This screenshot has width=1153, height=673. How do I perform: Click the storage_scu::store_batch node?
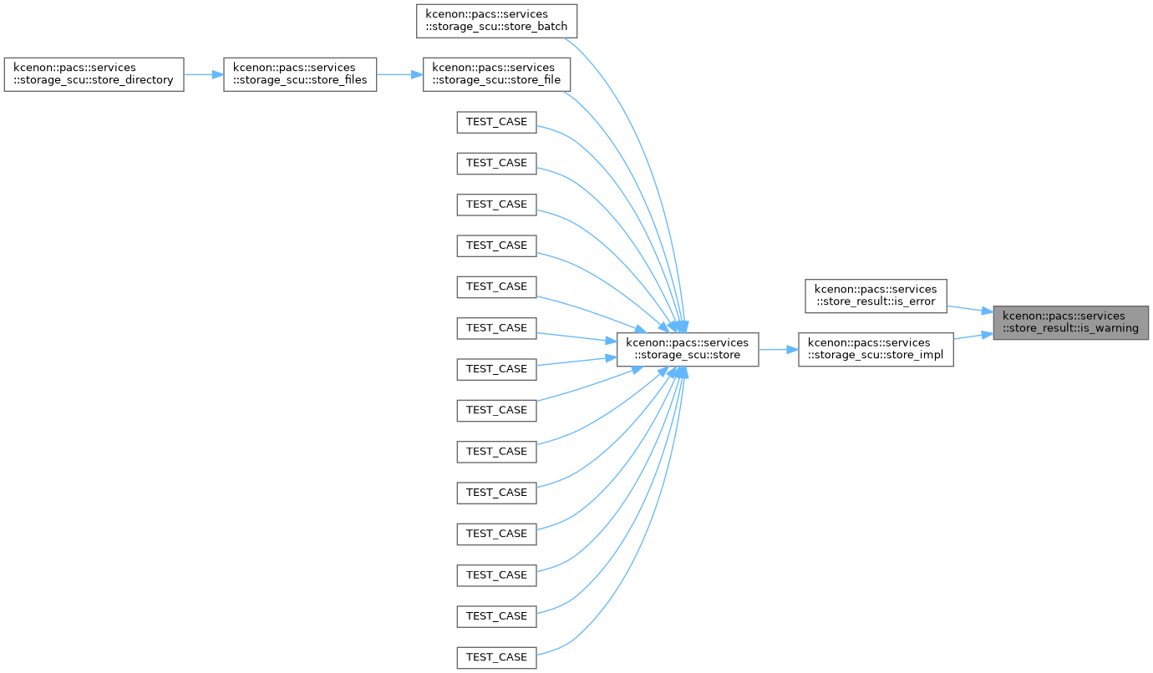coord(496,21)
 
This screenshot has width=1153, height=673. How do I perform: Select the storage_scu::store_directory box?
coord(94,74)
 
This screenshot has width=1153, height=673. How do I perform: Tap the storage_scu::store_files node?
coord(300,74)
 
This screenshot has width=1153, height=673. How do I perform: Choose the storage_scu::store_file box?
coord(496,74)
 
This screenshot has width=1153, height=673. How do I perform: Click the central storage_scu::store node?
coord(687,349)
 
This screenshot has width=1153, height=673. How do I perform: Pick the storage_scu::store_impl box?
coord(876,349)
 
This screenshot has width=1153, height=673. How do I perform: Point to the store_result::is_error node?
coord(876,296)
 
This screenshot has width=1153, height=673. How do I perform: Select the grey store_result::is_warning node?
coord(1070,322)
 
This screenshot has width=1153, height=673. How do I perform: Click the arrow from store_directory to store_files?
coord(203,74)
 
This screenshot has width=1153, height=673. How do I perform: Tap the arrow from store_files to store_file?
coord(399,74)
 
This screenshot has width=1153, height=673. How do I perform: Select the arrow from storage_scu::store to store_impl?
coord(779,349)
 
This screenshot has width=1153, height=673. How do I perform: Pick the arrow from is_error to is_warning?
coord(970,309)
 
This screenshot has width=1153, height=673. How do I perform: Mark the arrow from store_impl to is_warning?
coord(973,336)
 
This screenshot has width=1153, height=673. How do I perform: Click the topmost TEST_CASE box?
coord(496,122)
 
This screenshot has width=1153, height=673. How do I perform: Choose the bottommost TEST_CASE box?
coord(496,658)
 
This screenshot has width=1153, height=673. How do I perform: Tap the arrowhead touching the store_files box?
coord(217,74)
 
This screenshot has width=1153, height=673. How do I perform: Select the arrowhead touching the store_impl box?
coord(792,349)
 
